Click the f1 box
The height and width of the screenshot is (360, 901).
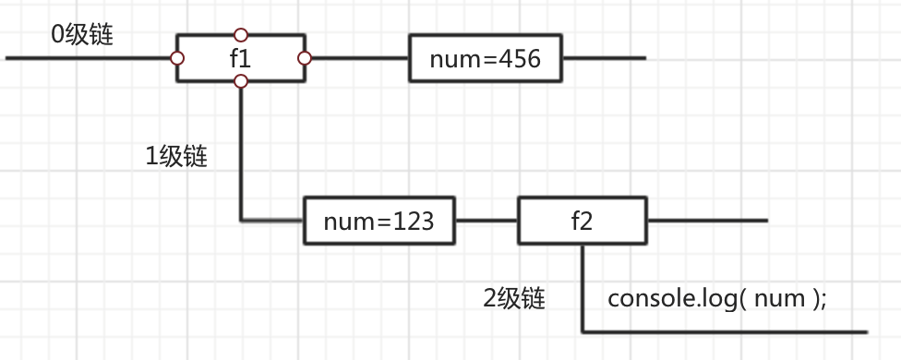pyautogui.click(x=240, y=59)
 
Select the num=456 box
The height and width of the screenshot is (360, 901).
pyautogui.click(x=486, y=59)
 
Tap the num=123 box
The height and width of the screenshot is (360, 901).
pyautogui.click(x=380, y=221)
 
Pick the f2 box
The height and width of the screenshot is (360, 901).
pyautogui.click(x=583, y=221)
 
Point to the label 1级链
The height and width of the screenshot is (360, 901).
pyautogui.click(x=176, y=156)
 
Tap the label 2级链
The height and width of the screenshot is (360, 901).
pyautogui.click(x=514, y=298)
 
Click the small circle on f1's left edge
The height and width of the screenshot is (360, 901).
pyautogui.click(x=176, y=59)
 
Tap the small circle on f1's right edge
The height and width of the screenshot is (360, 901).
pyautogui.click(x=305, y=59)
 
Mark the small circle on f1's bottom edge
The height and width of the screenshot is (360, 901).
pyautogui.click(x=241, y=82)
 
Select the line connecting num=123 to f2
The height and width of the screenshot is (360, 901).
pyautogui.click(x=487, y=221)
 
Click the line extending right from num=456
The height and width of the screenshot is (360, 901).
pyautogui.click(x=605, y=59)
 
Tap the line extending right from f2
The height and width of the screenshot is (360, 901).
pyautogui.click(x=706, y=221)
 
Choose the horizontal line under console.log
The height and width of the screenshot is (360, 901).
pyautogui.click(x=725, y=331)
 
